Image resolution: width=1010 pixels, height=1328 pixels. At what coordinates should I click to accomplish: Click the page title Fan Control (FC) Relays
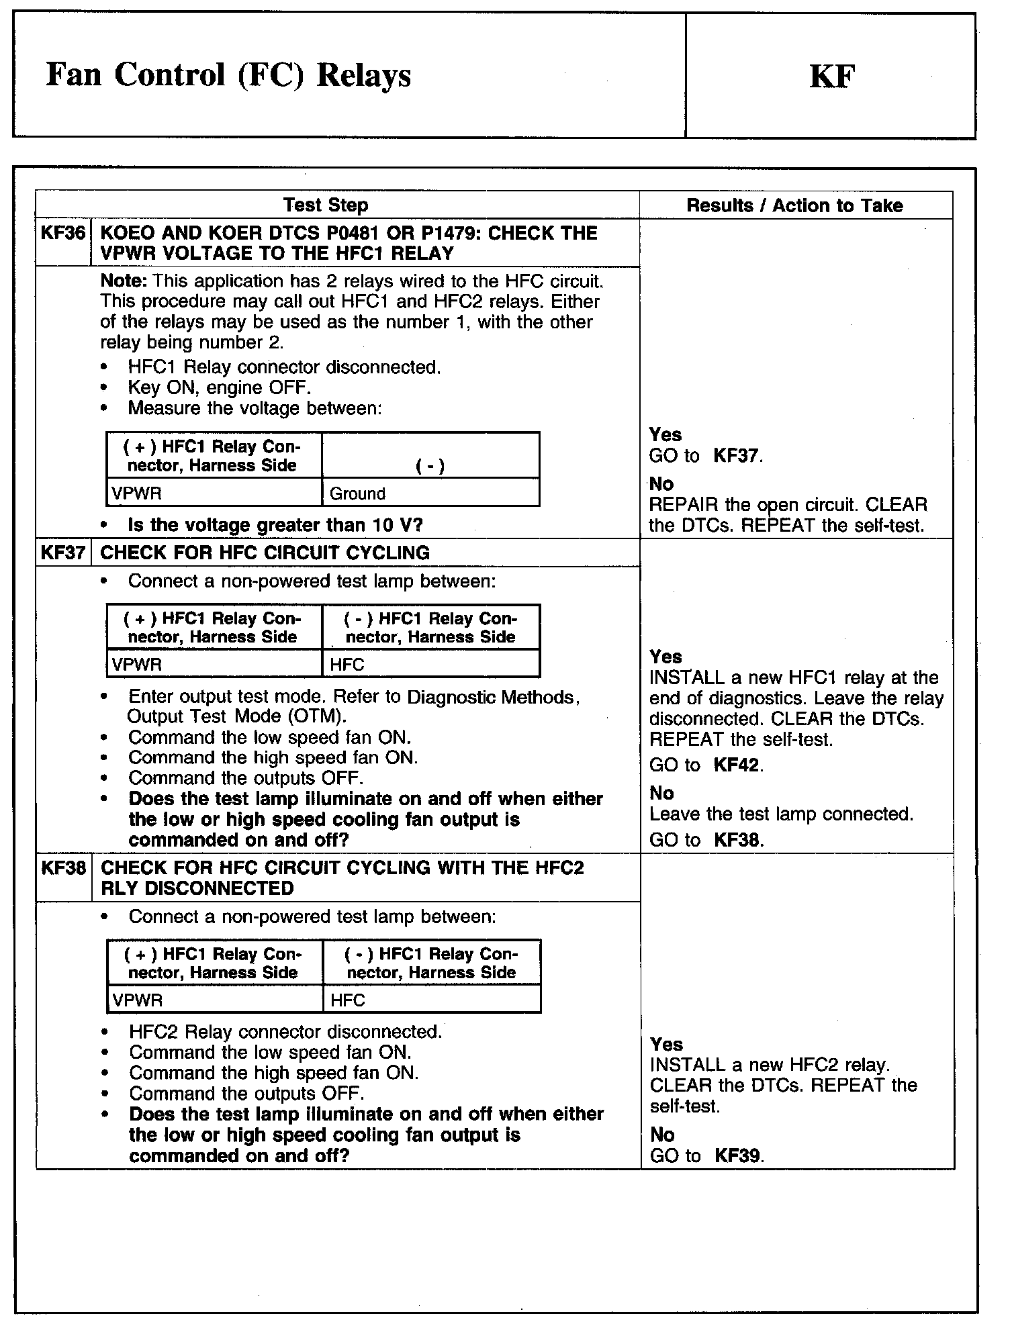tap(228, 75)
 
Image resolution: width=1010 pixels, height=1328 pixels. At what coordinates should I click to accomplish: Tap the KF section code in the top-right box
tap(831, 77)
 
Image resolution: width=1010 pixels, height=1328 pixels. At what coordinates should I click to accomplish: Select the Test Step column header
tap(326, 205)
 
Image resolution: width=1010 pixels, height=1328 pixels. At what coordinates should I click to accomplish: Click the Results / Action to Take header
tap(794, 205)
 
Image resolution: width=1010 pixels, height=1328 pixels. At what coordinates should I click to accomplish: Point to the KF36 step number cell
tap(63, 234)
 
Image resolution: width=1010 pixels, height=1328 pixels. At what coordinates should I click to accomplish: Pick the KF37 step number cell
tap(63, 553)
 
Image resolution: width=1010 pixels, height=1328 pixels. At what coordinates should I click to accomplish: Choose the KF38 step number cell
tap(64, 868)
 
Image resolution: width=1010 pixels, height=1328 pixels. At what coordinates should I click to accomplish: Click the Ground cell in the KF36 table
tap(357, 493)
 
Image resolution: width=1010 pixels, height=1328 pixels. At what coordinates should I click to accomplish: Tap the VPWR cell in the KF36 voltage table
tap(137, 493)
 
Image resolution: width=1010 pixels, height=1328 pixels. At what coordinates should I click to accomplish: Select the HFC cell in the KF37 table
tap(347, 665)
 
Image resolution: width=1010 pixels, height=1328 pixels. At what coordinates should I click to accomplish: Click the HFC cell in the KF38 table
tap(348, 1000)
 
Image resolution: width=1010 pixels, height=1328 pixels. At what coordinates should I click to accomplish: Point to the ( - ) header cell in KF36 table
tap(430, 465)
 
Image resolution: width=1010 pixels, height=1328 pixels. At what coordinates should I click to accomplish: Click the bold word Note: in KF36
tap(125, 281)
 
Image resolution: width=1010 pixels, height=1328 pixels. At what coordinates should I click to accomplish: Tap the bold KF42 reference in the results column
tap(737, 765)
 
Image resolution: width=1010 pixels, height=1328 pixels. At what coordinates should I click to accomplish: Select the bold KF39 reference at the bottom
tap(738, 1155)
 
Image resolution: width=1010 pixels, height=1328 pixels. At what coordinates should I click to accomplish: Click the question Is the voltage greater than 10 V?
tap(275, 525)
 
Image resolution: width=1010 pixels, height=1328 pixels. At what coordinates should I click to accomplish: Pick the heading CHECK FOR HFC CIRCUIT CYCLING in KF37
tap(265, 553)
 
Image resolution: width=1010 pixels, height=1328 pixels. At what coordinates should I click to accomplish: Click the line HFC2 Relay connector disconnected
tap(285, 1031)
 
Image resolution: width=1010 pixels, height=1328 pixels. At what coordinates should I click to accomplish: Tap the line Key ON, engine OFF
tap(220, 387)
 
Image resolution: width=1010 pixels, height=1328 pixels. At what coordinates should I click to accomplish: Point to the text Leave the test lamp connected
tap(782, 814)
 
